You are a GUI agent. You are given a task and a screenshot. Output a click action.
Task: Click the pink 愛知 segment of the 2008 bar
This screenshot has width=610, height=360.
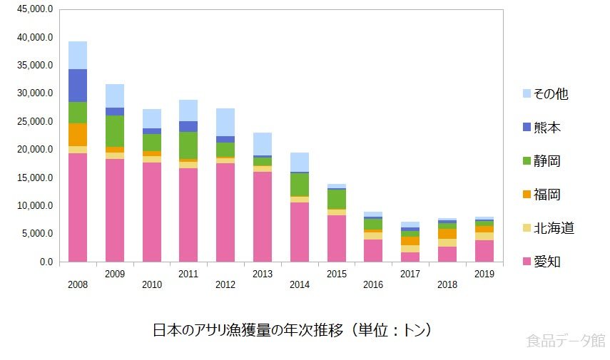[78, 207]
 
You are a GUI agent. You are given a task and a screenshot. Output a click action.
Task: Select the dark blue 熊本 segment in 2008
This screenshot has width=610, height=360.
[78, 86]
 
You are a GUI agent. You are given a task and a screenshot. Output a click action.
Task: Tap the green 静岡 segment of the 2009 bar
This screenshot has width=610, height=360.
[115, 130]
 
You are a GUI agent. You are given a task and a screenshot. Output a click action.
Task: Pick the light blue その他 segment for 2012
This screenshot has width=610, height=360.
[225, 122]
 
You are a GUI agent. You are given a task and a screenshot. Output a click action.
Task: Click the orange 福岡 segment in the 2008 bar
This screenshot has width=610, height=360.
[78, 134]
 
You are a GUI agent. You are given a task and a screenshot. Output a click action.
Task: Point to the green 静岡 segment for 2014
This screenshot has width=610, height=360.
[299, 185]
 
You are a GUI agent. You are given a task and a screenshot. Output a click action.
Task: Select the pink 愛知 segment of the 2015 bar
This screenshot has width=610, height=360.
[336, 238]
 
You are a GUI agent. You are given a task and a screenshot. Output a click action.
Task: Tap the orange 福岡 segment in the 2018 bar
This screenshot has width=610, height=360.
[447, 234]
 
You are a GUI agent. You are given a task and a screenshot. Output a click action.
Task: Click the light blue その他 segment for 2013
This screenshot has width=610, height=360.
[263, 143]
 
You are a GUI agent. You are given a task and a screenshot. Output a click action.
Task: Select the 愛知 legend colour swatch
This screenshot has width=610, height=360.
[527, 262]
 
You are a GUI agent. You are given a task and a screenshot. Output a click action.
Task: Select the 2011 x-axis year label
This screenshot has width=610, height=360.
[188, 273]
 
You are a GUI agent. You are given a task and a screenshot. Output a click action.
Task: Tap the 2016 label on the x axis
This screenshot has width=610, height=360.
[373, 284]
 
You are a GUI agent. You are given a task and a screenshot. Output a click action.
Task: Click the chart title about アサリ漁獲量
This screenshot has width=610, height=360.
[293, 331]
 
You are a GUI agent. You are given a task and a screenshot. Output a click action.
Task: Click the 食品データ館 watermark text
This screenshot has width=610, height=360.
[565, 341]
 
